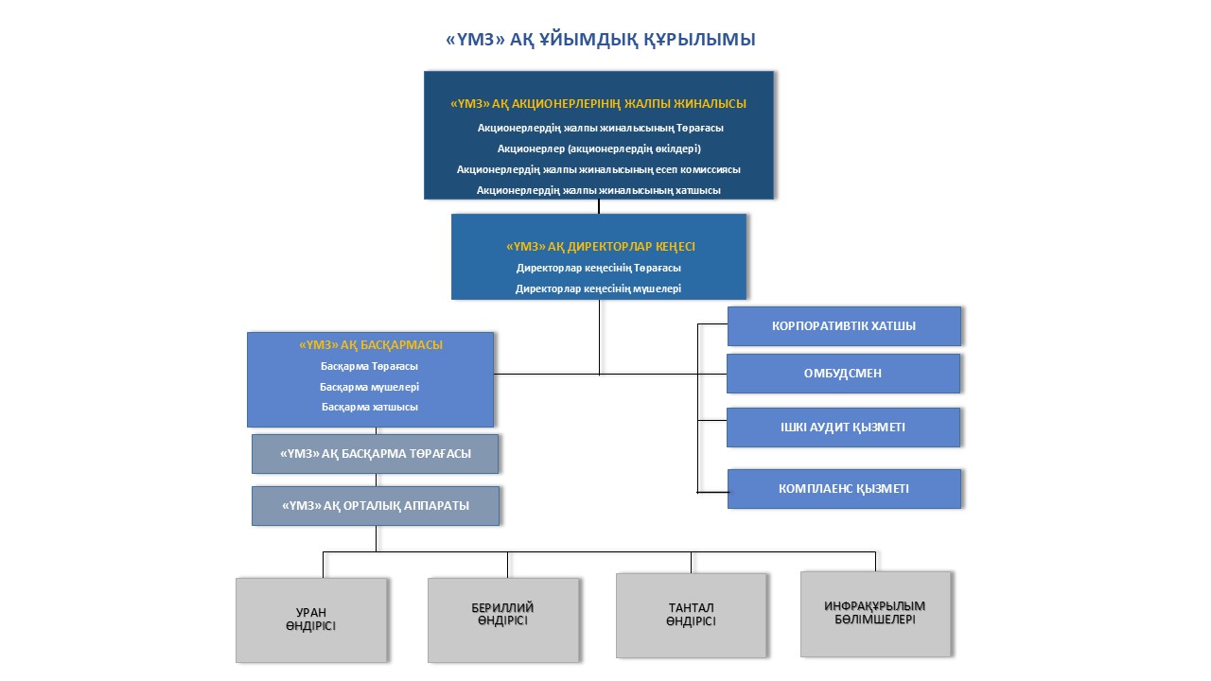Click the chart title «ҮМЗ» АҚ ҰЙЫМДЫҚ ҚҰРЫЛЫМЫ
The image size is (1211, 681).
[x=600, y=40]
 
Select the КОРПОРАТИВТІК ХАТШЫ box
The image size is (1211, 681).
[x=844, y=326]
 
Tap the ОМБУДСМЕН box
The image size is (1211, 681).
[x=844, y=374]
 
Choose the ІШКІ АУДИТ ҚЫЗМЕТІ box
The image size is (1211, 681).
[x=844, y=428]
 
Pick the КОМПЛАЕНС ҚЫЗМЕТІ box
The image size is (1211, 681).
[x=844, y=489]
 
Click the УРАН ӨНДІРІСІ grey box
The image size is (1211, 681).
[x=311, y=620]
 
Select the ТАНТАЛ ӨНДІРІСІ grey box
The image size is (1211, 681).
[x=691, y=615]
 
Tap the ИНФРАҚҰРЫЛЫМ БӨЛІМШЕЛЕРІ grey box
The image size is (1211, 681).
[x=875, y=613]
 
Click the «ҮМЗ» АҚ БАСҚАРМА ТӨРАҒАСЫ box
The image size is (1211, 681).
[x=375, y=454]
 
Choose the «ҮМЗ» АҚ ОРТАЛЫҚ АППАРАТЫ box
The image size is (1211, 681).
[x=375, y=506]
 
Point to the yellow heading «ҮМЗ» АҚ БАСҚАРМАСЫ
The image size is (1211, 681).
[x=371, y=345]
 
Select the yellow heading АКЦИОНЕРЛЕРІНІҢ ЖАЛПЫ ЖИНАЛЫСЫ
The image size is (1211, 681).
[x=599, y=104]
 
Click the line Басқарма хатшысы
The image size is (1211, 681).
[x=370, y=407]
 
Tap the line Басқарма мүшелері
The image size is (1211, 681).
[x=370, y=387]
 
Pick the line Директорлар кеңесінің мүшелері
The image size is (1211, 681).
[x=599, y=288]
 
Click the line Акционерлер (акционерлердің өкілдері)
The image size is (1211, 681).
[x=599, y=148]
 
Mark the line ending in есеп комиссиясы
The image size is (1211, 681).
[x=599, y=169]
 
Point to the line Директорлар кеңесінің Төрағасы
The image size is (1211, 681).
[x=599, y=268]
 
